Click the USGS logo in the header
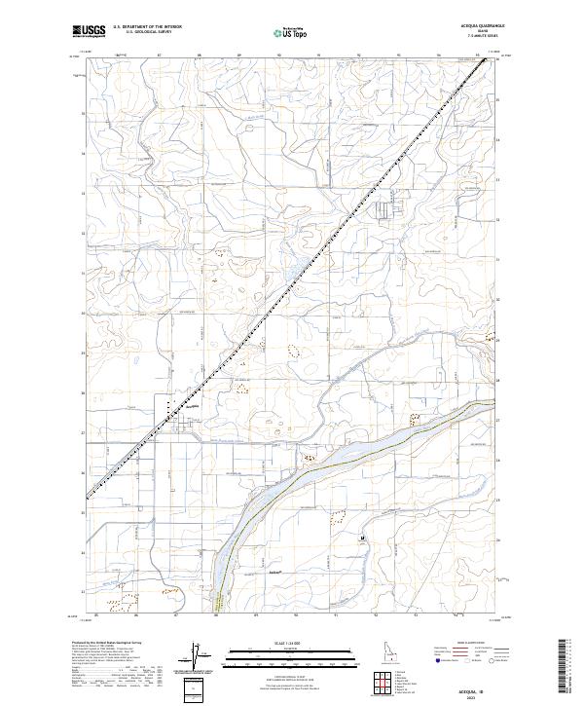(89, 31)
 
